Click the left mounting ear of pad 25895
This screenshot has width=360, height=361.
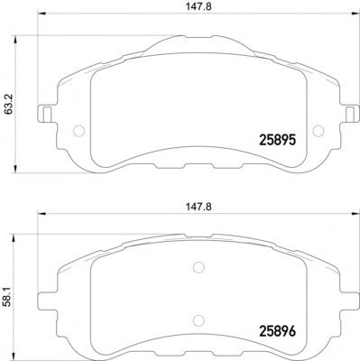click(x=42, y=116)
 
